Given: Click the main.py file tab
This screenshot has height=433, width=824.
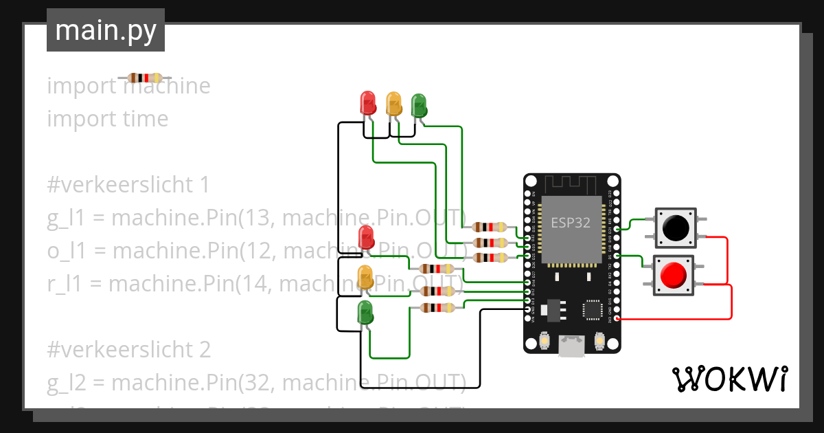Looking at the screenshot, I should click(x=106, y=30).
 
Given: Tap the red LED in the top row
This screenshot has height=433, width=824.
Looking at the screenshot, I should click(x=368, y=103).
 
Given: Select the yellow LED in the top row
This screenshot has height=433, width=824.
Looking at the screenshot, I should click(x=393, y=103).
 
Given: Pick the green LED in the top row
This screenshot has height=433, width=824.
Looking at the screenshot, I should click(x=419, y=105).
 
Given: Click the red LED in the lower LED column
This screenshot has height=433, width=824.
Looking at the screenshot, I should click(x=366, y=238).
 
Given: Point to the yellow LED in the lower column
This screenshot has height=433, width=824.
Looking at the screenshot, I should click(x=366, y=276).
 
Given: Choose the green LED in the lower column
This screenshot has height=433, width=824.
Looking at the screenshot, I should click(x=366, y=313).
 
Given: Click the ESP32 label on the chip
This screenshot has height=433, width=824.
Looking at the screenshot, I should click(x=571, y=223).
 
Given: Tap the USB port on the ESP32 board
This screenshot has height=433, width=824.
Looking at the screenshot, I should click(x=571, y=346).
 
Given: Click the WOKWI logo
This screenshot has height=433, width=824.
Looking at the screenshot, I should click(x=729, y=379).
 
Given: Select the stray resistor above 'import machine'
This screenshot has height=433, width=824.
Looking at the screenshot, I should click(x=144, y=78).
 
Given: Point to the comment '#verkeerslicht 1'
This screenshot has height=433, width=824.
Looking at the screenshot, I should click(x=128, y=185).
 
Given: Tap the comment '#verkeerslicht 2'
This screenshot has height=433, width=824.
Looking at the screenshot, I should click(x=128, y=350).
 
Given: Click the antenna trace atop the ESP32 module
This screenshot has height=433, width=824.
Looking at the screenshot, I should click(x=571, y=185).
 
